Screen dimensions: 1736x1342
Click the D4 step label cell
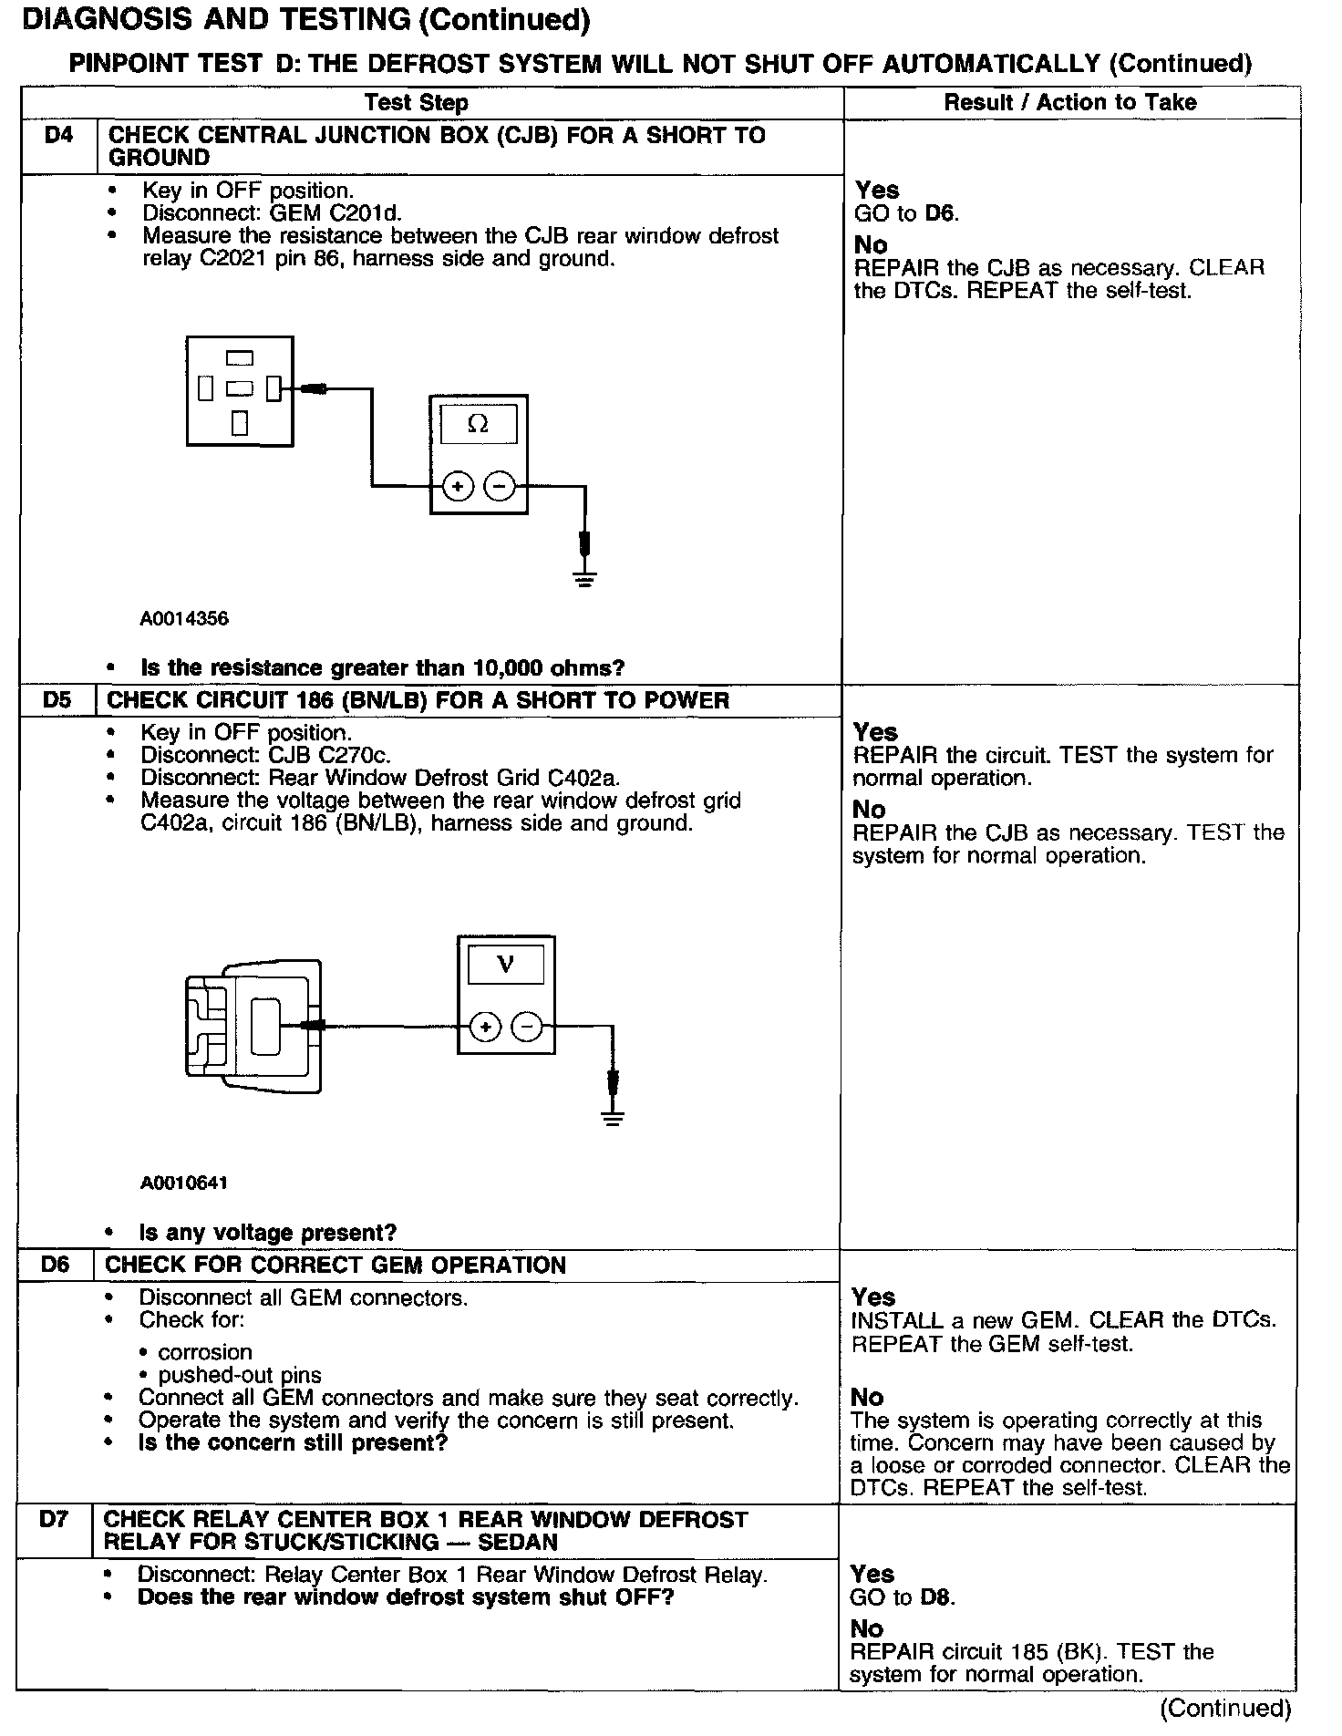tap(58, 136)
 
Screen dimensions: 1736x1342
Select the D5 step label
tap(57, 700)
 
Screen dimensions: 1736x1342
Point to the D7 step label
tap(54, 1519)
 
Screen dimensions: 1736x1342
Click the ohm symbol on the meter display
tap(478, 424)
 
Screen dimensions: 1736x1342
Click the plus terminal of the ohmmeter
tap(458, 487)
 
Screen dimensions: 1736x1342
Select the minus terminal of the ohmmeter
tap(499, 487)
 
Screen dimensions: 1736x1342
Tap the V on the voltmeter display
tap(505, 964)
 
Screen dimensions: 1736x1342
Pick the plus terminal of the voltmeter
tap(485, 1028)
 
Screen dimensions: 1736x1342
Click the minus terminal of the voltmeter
tap(526, 1028)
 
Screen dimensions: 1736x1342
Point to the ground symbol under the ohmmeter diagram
tap(585, 578)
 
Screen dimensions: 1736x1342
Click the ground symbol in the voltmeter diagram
tap(613, 1118)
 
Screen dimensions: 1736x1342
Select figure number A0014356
tap(184, 619)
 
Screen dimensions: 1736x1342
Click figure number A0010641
tap(184, 1183)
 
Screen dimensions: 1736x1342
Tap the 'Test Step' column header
tap(417, 103)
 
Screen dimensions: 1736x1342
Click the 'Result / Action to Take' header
tap(1069, 102)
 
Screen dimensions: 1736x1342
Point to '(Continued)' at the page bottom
tap(1225, 1708)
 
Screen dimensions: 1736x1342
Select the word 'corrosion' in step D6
tap(205, 1352)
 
